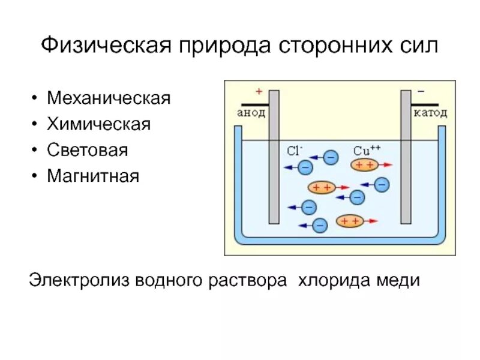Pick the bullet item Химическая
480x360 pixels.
pos(98,124)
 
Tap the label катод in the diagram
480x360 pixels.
pos(430,112)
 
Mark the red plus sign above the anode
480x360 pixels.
pos(259,92)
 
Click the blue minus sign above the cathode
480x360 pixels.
pos(421,92)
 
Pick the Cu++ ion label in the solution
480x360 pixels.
pos(367,150)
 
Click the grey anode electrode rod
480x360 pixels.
pos(274,155)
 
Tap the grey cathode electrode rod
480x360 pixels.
pos(406,155)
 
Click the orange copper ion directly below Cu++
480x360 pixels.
pos(365,164)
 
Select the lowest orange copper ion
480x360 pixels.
pos(350,221)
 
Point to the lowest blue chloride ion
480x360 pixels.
pos(320,225)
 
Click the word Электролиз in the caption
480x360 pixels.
pos(79,280)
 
